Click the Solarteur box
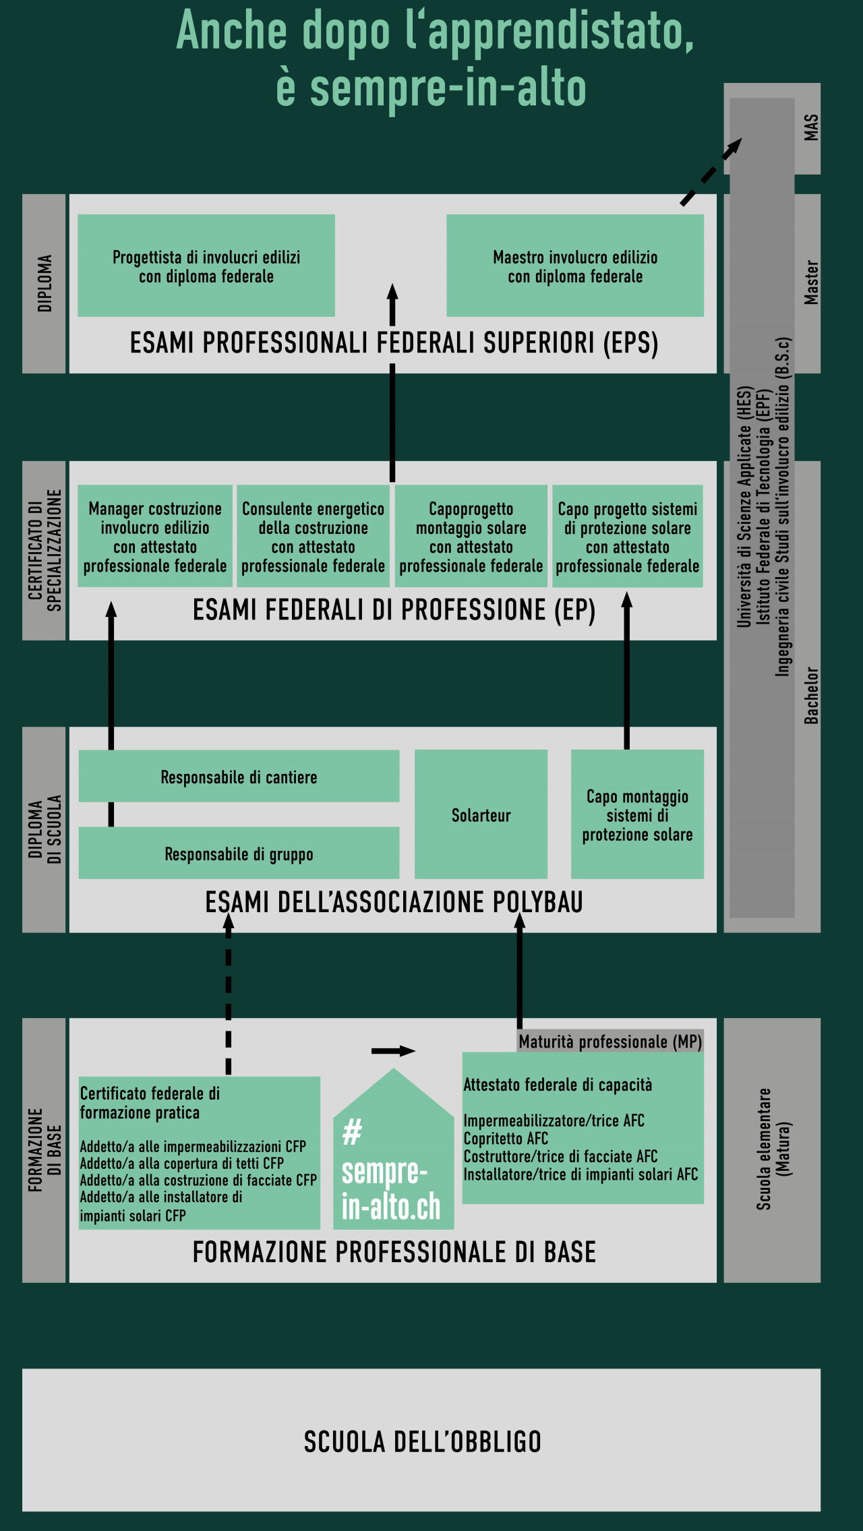(481, 814)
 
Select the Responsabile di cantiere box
(239, 777)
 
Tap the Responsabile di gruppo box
(239, 853)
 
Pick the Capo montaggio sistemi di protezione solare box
(637, 814)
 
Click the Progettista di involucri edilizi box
(206, 266)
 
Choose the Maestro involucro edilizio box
(575, 266)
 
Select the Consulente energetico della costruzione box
(313, 537)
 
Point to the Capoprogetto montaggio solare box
(471, 537)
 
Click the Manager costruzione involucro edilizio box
(155, 537)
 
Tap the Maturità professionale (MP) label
(610, 1042)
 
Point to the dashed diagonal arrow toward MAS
(710, 171)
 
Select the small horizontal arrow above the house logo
(393, 1050)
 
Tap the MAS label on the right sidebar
(811, 127)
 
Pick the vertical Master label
(811, 282)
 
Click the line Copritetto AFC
(506, 1139)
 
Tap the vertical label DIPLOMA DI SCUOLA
(44, 829)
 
